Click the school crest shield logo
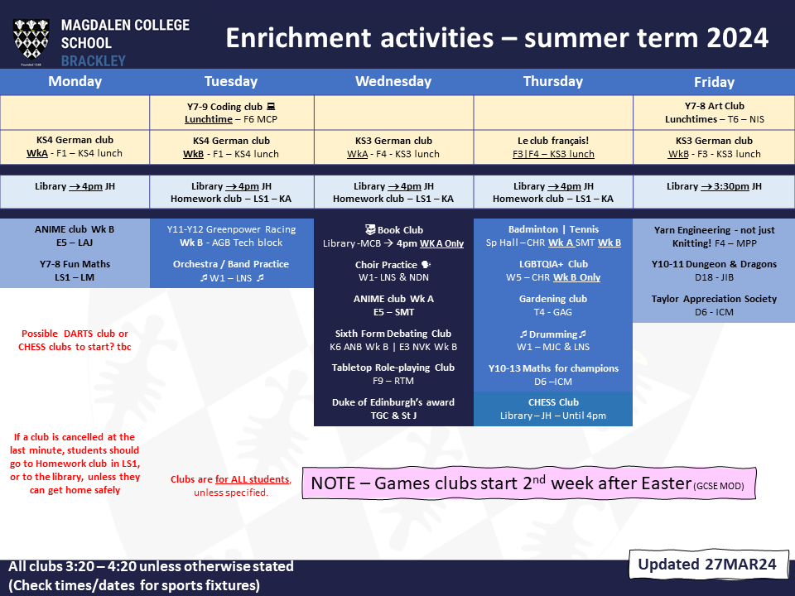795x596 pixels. click(31, 41)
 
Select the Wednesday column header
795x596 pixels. click(393, 82)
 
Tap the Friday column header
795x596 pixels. click(714, 82)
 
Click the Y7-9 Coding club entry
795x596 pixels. click(231, 113)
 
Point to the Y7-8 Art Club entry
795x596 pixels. click(715, 113)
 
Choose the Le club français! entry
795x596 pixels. click(553, 147)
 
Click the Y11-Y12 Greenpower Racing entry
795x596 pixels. click(231, 236)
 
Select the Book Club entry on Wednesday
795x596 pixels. click(393, 236)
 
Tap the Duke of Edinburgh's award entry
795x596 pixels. click(393, 409)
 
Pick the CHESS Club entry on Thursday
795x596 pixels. click(553, 409)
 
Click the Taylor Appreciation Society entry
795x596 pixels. click(714, 305)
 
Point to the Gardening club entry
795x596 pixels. click(553, 305)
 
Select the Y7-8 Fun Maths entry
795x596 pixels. click(75, 271)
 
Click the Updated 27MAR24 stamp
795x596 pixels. click(708, 564)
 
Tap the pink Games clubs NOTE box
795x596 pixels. click(529, 483)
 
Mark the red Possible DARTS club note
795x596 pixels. click(75, 340)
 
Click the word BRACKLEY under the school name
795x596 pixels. click(94, 61)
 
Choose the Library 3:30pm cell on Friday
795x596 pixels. click(714, 186)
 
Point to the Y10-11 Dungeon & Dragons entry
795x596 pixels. click(714, 271)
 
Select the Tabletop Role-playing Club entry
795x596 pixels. click(393, 374)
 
